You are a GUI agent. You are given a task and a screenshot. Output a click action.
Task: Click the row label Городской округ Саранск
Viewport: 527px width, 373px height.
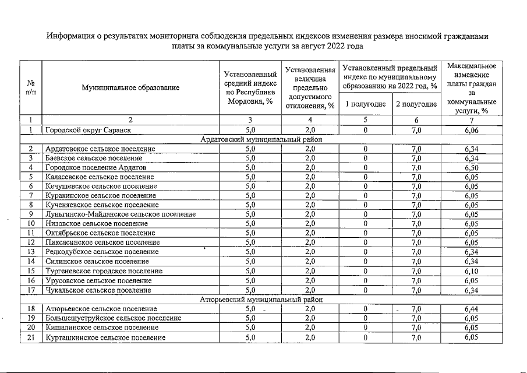85,130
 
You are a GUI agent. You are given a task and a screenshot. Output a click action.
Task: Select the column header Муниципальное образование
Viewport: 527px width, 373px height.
130,87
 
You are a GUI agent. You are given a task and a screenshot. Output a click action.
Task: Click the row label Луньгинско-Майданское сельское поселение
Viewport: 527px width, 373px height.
120,214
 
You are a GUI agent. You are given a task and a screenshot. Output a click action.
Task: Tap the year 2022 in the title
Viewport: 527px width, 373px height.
337,46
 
